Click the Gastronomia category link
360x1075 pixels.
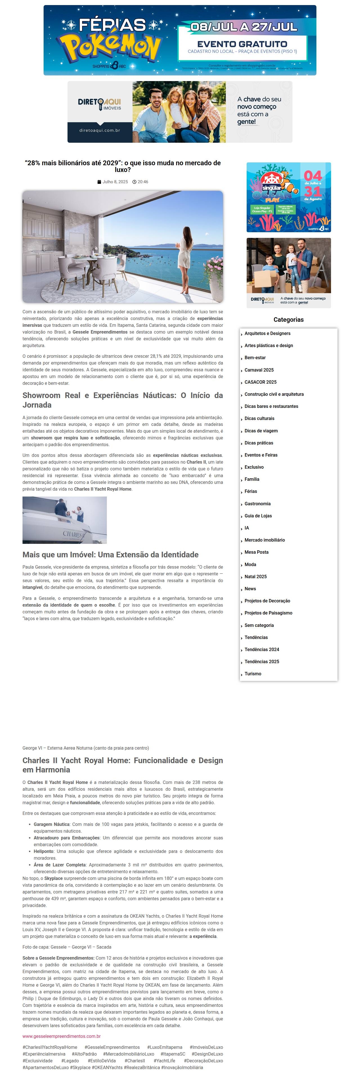click(x=257, y=504)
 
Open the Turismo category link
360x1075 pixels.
click(x=253, y=674)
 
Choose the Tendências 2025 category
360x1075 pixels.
click(x=262, y=661)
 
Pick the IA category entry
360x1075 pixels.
click(x=247, y=528)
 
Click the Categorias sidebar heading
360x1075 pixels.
click(x=288, y=320)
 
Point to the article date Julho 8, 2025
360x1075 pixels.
click(x=115, y=182)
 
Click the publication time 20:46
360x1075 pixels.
click(x=143, y=182)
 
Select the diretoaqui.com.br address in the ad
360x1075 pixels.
click(x=100, y=130)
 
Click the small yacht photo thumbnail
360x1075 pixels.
click(x=65, y=520)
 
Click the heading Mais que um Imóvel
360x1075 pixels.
click(x=110, y=555)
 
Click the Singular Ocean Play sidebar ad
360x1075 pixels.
click(x=288, y=197)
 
